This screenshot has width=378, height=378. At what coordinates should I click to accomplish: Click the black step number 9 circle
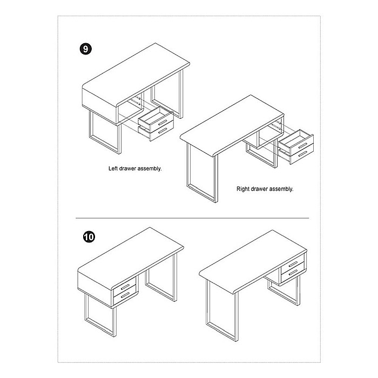pyautogui.click(x=85, y=49)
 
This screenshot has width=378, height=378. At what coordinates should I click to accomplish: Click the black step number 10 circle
pyautogui.click(x=89, y=237)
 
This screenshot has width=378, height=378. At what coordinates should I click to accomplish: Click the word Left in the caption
pyautogui.click(x=113, y=168)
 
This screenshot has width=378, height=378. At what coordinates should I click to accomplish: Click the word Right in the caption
pyautogui.click(x=242, y=189)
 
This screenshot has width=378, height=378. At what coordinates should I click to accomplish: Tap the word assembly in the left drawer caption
pyautogui.click(x=150, y=168)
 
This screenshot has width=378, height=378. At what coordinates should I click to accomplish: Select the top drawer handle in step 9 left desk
pyautogui.click(x=163, y=122)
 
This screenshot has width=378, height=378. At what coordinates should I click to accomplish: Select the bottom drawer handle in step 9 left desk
pyautogui.click(x=163, y=131)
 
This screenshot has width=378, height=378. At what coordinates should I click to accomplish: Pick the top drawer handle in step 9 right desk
pyautogui.click(x=303, y=146)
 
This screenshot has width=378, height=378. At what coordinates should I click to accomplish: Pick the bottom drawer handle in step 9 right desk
pyautogui.click(x=303, y=154)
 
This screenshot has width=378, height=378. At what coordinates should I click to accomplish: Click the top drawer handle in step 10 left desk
pyautogui.click(x=125, y=287)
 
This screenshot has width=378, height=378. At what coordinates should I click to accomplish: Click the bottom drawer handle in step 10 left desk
pyautogui.click(x=125, y=295)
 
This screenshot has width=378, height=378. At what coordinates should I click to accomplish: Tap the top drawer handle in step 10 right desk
pyautogui.click(x=293, y=264)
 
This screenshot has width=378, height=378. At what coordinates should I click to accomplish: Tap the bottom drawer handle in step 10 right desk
pyautogui.click(x=293, y=273)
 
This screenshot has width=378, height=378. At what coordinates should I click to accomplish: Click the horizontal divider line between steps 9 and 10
pyautogui.click(x=192, y=218)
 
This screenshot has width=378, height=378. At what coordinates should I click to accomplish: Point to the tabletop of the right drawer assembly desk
pyautogui.click(x=232, y=125)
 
